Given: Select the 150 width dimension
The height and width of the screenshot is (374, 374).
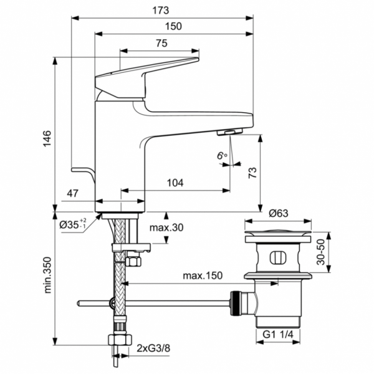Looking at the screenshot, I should [x=173, y=26].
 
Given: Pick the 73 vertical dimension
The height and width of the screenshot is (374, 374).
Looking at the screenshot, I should [x=252, y=173].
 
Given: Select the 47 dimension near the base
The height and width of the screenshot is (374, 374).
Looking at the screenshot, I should [x=73, y=195].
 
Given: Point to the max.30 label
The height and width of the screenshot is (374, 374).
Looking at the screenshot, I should [x=166, y=228].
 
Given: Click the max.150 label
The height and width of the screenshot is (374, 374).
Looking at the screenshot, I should [x=202, y=276].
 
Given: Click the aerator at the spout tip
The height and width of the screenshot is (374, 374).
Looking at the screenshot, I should [x=230, y=132].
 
